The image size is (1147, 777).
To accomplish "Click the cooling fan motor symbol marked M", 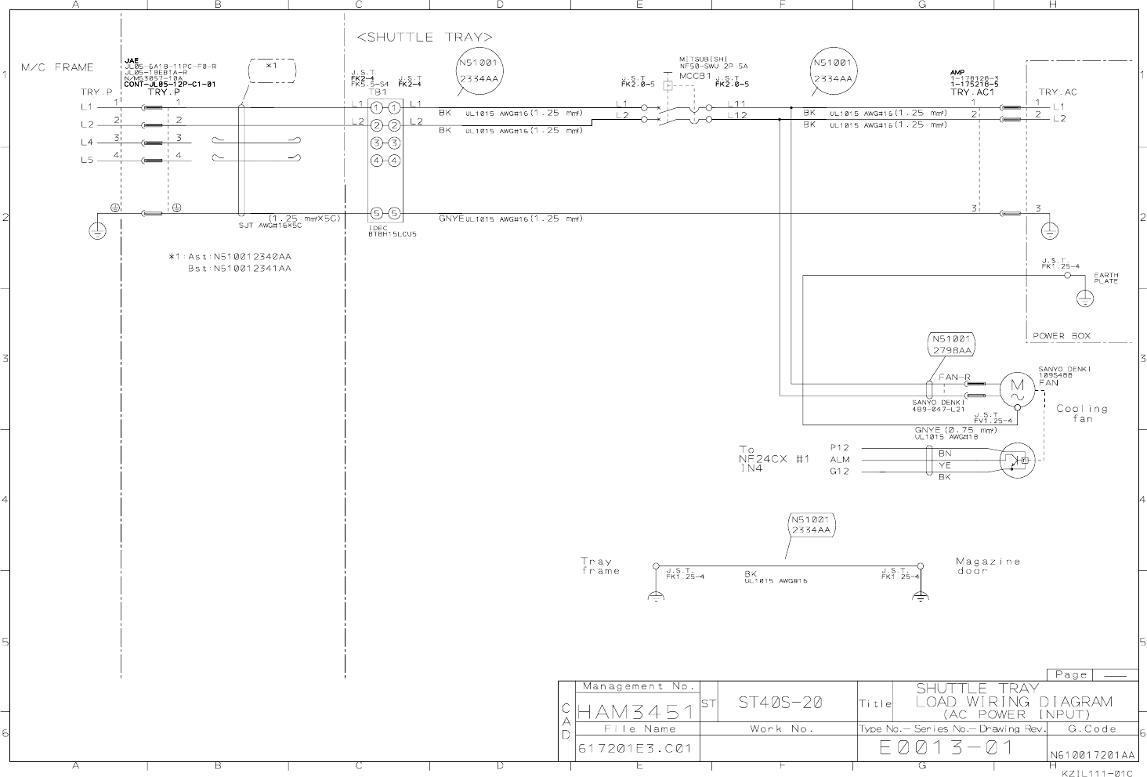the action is point(1017,389).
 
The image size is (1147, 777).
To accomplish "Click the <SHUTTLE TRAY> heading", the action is point(425,37).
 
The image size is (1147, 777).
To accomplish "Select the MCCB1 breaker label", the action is point(694,77).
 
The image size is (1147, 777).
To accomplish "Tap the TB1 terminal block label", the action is point(378,92).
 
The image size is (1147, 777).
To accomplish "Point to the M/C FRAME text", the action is point(57,67).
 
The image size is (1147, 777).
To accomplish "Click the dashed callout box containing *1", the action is point(271,70).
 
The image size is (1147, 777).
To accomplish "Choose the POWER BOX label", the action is point(1061,336).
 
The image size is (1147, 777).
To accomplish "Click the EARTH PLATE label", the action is point(1106,278).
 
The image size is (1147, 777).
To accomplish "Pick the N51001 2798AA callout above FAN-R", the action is point(951,345).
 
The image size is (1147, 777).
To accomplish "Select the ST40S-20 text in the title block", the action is point(780,703).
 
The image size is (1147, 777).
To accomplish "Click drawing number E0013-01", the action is point(946,748).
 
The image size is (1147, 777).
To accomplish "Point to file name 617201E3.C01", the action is point(635,749).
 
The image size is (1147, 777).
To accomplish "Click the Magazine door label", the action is point(988,566).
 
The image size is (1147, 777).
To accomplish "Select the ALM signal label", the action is point(840,460).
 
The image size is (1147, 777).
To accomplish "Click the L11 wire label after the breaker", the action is point(737,104).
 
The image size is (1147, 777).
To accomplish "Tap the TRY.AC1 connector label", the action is point(972,92).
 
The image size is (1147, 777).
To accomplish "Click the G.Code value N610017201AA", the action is point(1091,755).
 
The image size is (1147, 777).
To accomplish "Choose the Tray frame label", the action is point(600,566).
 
